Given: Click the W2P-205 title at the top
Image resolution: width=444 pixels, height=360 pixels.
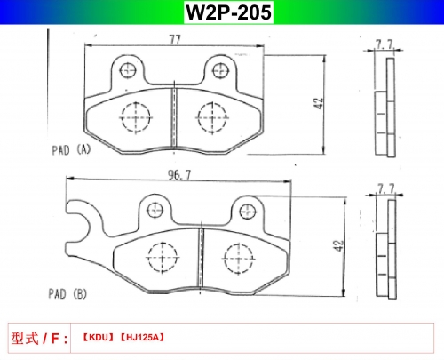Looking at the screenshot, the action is point(228,12).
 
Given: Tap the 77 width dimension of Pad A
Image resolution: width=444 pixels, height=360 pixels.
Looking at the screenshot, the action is point(175,39).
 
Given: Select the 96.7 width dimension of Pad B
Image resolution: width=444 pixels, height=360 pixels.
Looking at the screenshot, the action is point(179,174).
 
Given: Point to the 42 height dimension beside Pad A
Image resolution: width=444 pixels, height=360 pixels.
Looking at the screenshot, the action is point(319,103).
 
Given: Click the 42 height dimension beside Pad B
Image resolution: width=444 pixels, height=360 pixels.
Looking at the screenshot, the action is point(338,245).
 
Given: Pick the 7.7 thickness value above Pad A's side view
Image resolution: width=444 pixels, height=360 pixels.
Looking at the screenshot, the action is point(384,44).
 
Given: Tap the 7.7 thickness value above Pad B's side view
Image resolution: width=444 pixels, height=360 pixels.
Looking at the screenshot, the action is point(386,188).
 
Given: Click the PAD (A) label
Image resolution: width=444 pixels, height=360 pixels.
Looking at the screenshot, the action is point(71,150).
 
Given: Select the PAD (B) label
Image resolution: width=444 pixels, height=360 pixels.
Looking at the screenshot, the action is point(67,294).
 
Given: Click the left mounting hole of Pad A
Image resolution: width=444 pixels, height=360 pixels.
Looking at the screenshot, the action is point(128,70).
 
